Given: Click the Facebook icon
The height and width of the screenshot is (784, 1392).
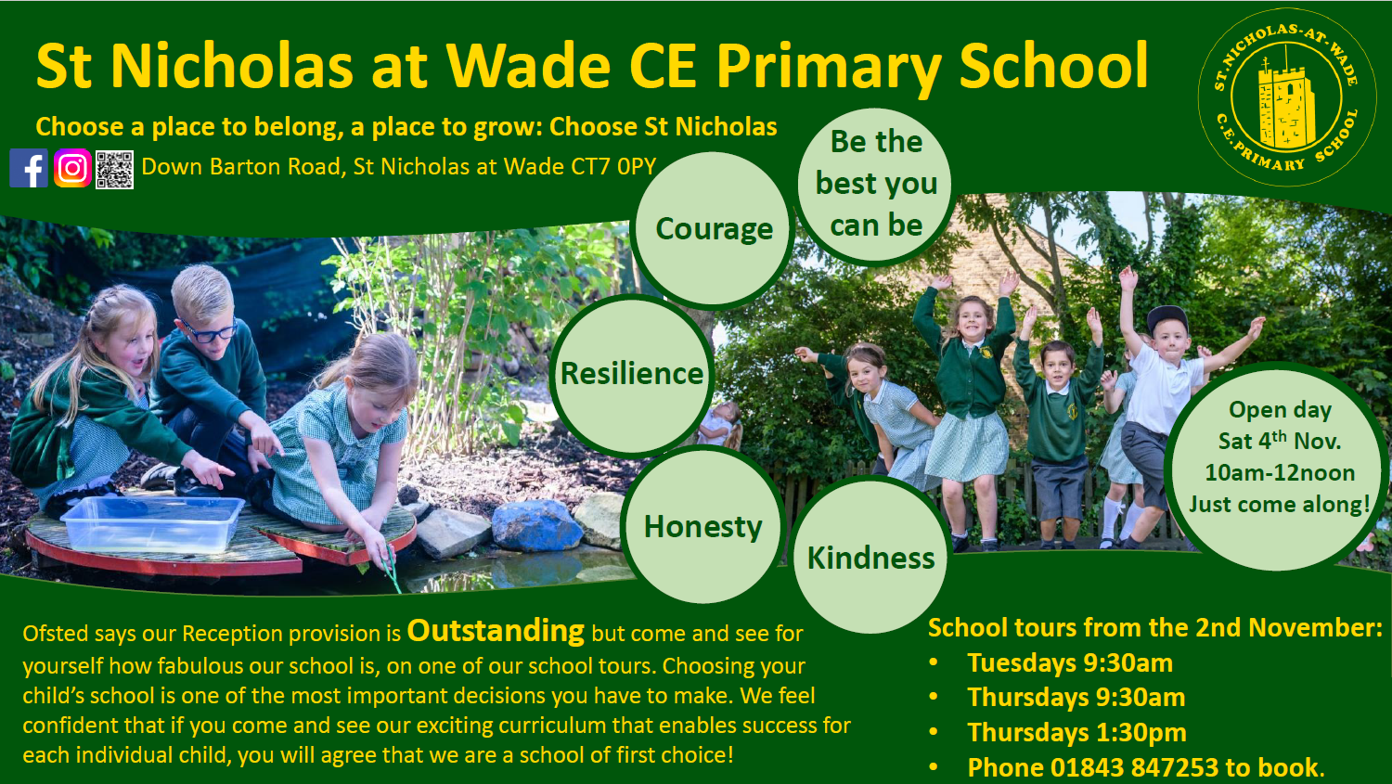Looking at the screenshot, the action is pyautogui.click(x=29, y=168).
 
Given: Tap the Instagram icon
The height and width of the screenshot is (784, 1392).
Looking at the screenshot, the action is pyautogui.click(x=72, y=168).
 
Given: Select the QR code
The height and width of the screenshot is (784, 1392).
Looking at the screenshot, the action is pyautogui.click(x=114, y=169).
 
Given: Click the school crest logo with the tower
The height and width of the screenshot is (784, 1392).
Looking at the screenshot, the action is pyautogui.click(x=1286, y=96).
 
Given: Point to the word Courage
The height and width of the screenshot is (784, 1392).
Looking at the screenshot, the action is pyautogui.click(x=714, y=229).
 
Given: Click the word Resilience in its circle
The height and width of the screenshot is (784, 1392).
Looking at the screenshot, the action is pyautogui.click(x=632, y=373).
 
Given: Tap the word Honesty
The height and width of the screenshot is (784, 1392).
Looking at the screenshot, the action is pyautogui.click(x=702, y=527).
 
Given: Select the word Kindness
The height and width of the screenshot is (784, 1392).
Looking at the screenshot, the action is pyautogui.click(x=870, y=558).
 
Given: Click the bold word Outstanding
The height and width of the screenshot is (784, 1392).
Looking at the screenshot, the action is pyautogui.click(x=496, y=631).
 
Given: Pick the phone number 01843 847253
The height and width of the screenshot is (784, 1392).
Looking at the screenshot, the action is pyautogui.click(x=1134, y=767).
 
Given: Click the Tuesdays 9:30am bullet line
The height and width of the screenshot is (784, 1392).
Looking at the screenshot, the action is pyautogui.click(x=1069, y=662).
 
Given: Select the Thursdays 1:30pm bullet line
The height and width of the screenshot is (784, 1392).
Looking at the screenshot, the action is pyautogui.click(x=1076, y=732).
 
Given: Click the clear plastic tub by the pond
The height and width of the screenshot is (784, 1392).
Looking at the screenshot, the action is pyautogui.click(x=153, y=522).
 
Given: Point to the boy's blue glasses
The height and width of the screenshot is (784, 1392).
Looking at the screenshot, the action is pyautogui.click(x=210, y=330).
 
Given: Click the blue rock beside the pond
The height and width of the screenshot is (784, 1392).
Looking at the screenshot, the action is pyautogui.click(x=536, y=525).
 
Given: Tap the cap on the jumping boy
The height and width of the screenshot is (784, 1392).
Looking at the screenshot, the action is pyautogui.click(x=1167, y=318).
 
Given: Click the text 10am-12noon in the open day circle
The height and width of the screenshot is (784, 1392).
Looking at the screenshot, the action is pyautogui.click(x=1280, y=473).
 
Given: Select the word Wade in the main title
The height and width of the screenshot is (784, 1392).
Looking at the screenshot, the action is pyautogui.click(x=528, y=66).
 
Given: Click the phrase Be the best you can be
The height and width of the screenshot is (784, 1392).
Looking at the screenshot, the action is pyautogui.click(x=876, y=184).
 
